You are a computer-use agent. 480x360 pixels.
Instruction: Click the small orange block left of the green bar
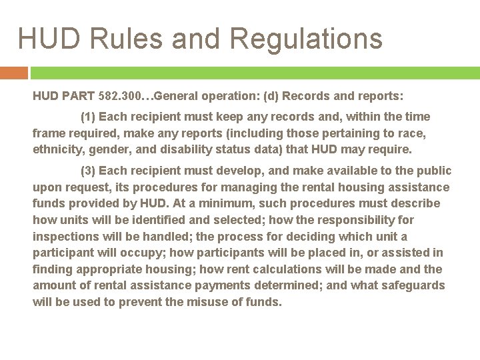13,72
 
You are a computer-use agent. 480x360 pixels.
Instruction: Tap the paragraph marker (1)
88,117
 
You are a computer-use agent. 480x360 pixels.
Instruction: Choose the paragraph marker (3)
88,171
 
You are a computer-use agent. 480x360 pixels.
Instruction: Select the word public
433,171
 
